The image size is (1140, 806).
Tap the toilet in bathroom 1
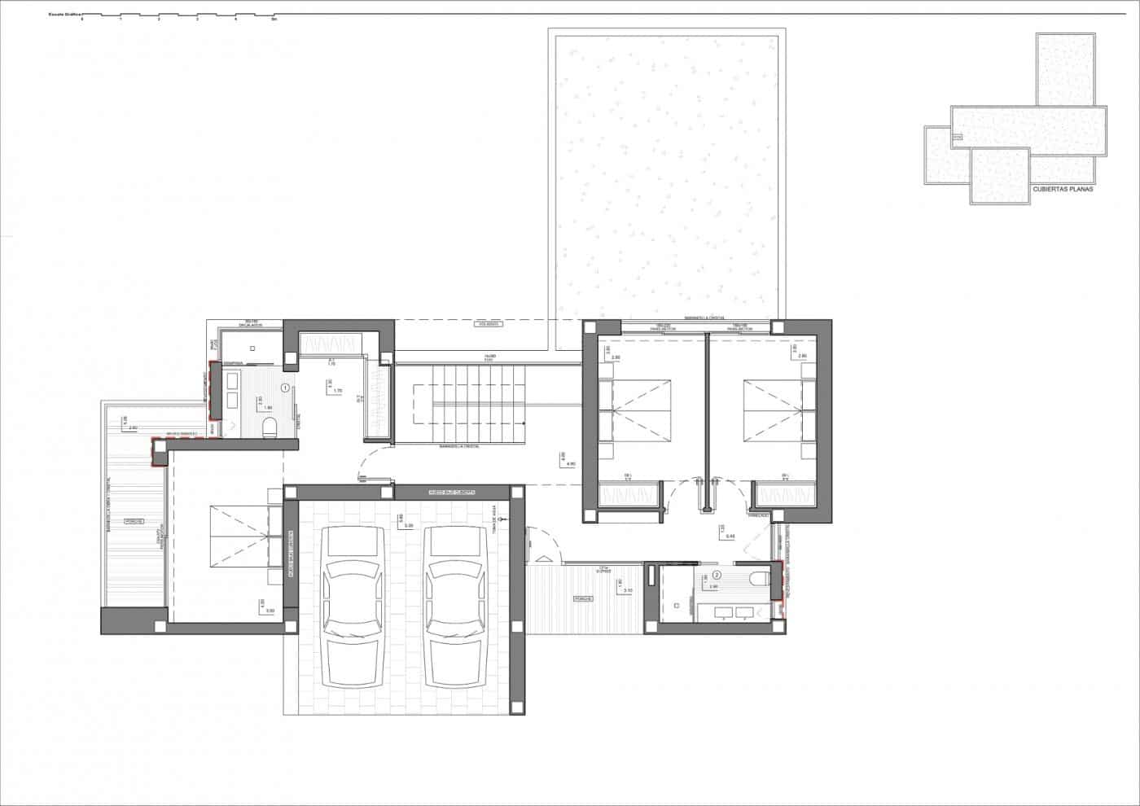click(x=271, y=427)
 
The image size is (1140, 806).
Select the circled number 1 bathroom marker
click(x=285, y=388)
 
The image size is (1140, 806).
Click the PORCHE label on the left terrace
click(x=134, y=520)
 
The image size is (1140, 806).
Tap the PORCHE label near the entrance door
click(x=581, y=598)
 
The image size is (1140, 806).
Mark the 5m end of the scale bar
click(x=274, y=18)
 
